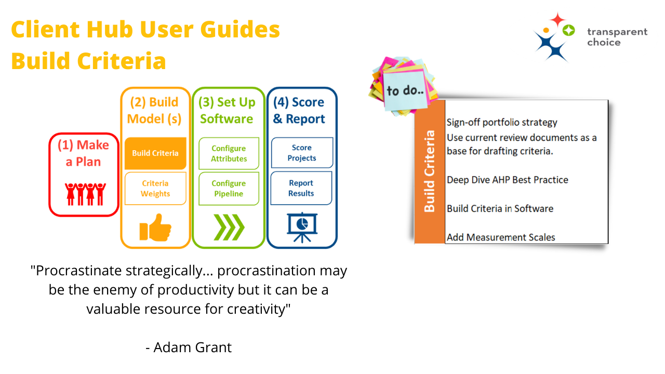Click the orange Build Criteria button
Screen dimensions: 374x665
(155, 153)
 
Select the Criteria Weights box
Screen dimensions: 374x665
(155, 189)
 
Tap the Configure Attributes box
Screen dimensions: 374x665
(229, 154)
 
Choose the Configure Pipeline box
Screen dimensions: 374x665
(229, 189)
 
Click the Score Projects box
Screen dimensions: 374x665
(302, 153)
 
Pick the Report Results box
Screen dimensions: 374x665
(302, 188)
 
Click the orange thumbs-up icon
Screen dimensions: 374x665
(155, 229)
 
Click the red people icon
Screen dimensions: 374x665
(85, 193)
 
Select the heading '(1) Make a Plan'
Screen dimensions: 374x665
(84, 153)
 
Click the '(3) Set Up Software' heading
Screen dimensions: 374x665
(228, 111)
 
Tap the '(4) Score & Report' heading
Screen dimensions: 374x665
(299, 111)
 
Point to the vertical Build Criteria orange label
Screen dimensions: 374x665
(430, 171)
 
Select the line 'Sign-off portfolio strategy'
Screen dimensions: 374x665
(502, 123)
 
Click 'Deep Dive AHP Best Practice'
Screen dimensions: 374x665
(508, 180)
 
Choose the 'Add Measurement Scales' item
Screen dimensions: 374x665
(501, 237)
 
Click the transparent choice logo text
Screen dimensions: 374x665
(617, 37)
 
